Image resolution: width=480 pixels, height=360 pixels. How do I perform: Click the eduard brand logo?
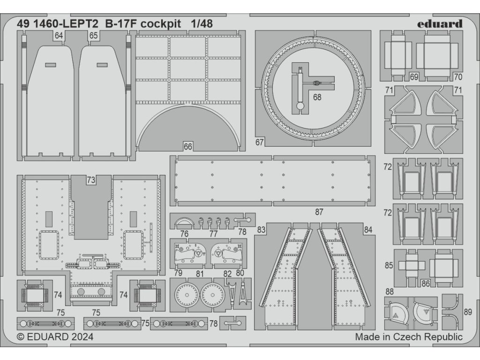tap(439, 24)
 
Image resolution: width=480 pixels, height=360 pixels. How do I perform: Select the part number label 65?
tap(93, 36)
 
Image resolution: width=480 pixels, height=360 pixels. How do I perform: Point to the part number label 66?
tap(188, 147)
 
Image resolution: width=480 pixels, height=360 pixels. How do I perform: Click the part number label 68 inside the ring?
tap(317, 97)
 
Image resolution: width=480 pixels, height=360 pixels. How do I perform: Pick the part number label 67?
tap(261, 142)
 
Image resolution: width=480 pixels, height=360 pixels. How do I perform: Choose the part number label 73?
tap(91, 180)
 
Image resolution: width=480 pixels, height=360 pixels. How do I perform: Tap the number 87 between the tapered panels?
tap(319, 212)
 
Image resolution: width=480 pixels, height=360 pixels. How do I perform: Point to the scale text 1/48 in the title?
tap(201, 24)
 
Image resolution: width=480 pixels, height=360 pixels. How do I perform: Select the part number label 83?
tap(262, 230)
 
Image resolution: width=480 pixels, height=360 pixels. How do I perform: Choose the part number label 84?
tap(368, 230)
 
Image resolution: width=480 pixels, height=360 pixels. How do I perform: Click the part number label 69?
tap(414, 77)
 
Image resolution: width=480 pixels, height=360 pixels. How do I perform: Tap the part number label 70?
tap(458, 77)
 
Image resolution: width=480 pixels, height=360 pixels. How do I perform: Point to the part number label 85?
tap(389, 265)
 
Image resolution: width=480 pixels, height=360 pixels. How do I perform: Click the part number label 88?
tap(390, 292)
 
